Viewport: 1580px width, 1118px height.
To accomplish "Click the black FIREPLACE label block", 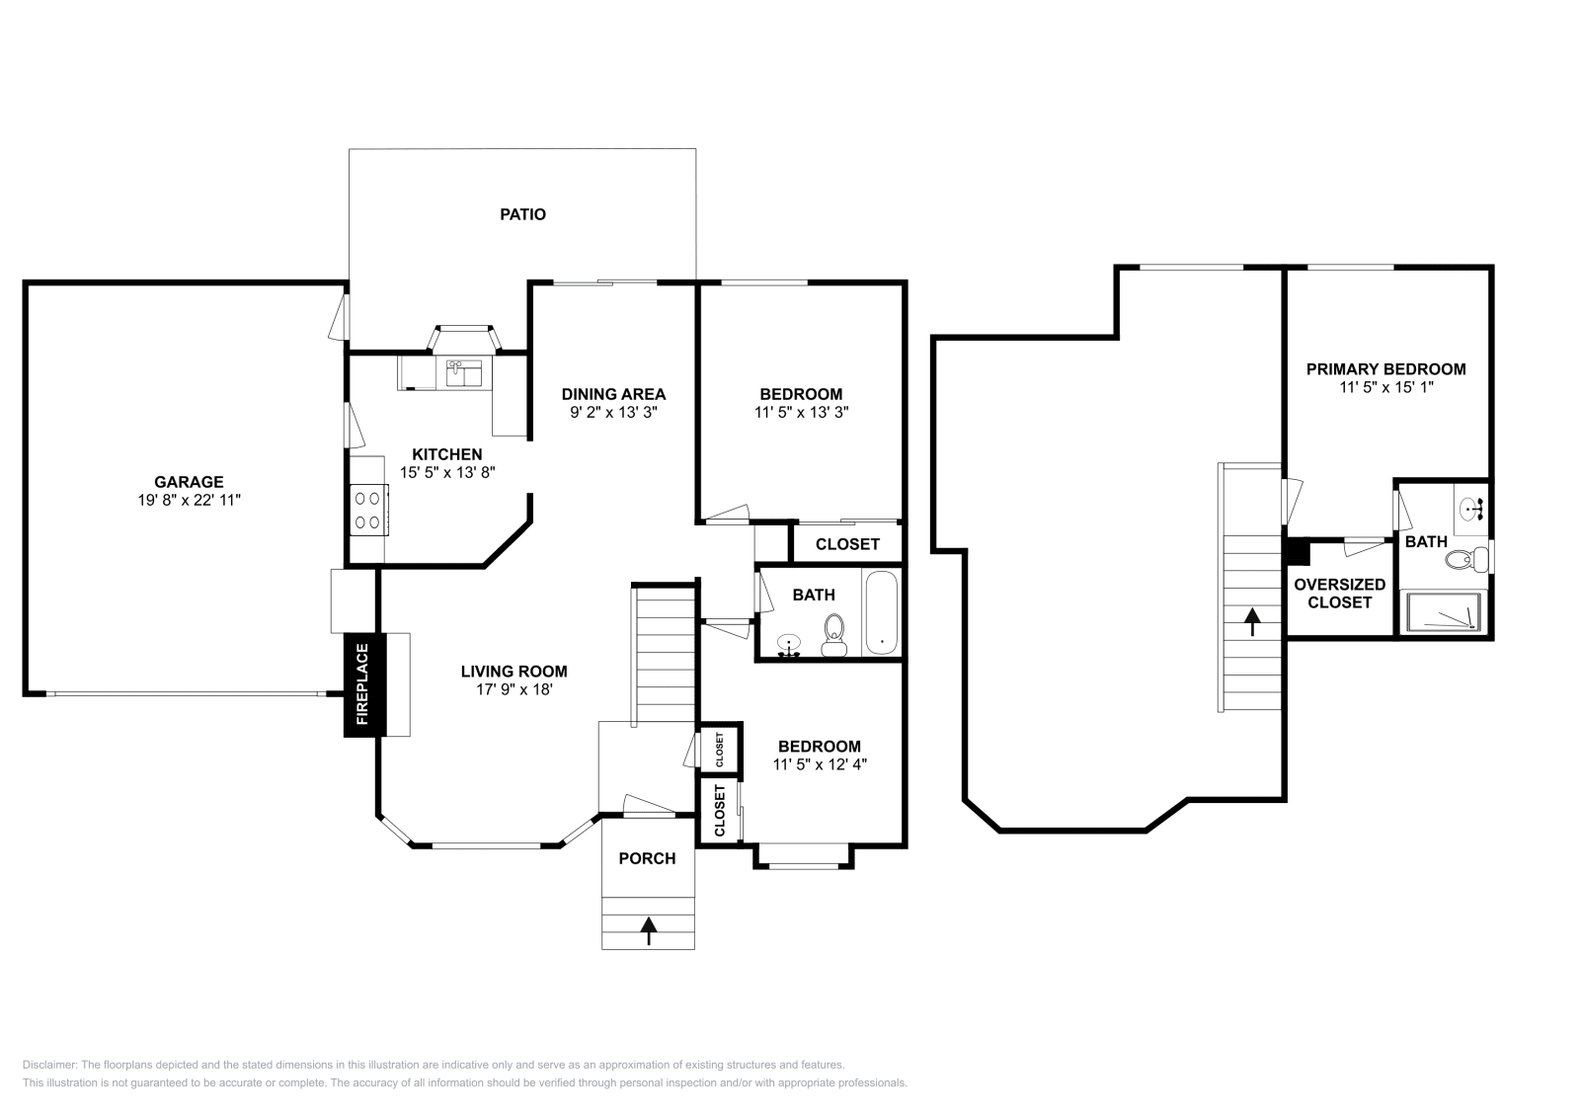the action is pyautogui.click(x=364, y=684).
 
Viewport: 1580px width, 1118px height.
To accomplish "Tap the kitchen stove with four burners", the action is pyautogui.click(x=369, y=510).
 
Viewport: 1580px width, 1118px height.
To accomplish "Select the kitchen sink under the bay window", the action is pyautogui.click(x=463, y=373).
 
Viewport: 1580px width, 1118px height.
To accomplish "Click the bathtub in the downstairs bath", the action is pyautogui.click(x=881, y=613).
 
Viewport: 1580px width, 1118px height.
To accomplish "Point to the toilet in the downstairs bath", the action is pyautogui.click(x=834, y=635).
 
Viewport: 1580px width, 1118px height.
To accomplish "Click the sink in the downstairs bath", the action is pyautogui.click(x=789, y=645).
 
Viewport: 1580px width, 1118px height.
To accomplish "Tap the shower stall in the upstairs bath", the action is pyautogui.click(x=1443, y=611).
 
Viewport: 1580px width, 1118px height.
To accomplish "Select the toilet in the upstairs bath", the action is pyautogui.click(x=1466, y=559).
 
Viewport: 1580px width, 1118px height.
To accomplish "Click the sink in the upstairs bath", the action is pyautogui.click(x=1472, y=508).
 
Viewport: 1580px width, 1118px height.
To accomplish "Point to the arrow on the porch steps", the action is pyautogui.click(x=648, y=930).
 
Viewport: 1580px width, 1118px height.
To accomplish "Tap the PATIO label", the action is pyautogui.click(x=522, y=214).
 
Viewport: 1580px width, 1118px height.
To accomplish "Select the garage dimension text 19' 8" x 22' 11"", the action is pyautogui.click(x=189, y=500).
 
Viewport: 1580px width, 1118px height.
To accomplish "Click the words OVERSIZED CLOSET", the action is pyautogui.click(x=1339, y=594).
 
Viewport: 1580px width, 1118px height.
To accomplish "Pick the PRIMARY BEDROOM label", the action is pyautogui.click(x=1386, y=369).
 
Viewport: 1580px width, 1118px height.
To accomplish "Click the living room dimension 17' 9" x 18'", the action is pyautogui.click(x=514, y=689).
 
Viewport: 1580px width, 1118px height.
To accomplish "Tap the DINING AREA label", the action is pyautogui.click(x=613, y=394).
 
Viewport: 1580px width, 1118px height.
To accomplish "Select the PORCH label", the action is pyautogui.click(x=648, y=858).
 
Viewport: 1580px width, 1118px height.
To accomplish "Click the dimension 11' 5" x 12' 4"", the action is pyautogui.click(x=820, y=763).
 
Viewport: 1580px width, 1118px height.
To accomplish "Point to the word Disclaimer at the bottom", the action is pyautogui.click(x=49, y=1065).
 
